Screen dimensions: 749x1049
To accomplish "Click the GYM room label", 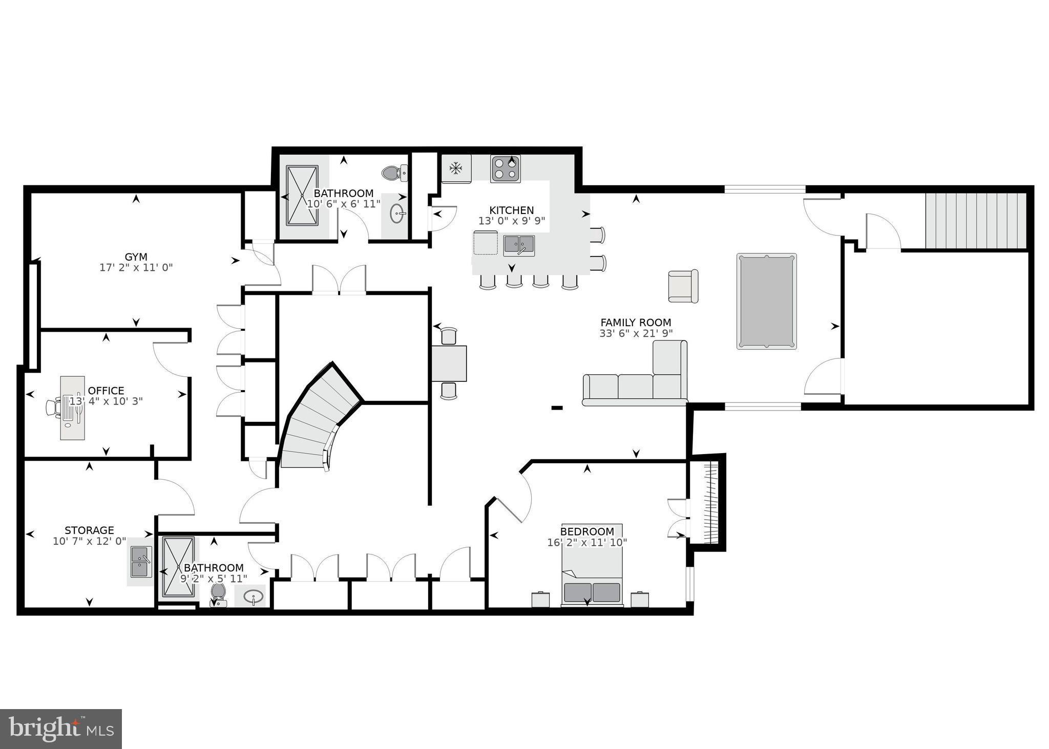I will [x=136, y=256].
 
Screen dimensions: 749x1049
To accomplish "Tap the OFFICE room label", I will [x=106, y=391].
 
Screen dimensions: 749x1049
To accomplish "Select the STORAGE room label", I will [x=89, y=530].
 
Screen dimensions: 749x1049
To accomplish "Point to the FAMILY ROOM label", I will [x=636, y=323].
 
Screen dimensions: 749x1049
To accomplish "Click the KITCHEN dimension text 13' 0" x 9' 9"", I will [x=511, y=221].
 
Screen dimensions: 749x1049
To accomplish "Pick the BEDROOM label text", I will [x=587, y=531].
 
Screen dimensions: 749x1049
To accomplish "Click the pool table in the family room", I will [x=766, y=301].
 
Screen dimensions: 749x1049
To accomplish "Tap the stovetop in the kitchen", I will [x=505, y=168].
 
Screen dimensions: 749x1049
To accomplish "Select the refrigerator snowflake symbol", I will [x=455, y=167].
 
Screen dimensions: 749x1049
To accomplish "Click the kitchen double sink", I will [x=518, y=245].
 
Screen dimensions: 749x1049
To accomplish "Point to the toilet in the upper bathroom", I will [x=394, y=173].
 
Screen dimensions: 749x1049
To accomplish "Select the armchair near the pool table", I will [x=683, y=286].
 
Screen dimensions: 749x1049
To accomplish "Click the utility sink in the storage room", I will [x=139, y=562].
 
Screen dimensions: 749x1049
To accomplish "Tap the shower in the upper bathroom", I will [x=302, y=195].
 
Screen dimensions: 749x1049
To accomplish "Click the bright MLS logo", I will [x=60, y=729].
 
